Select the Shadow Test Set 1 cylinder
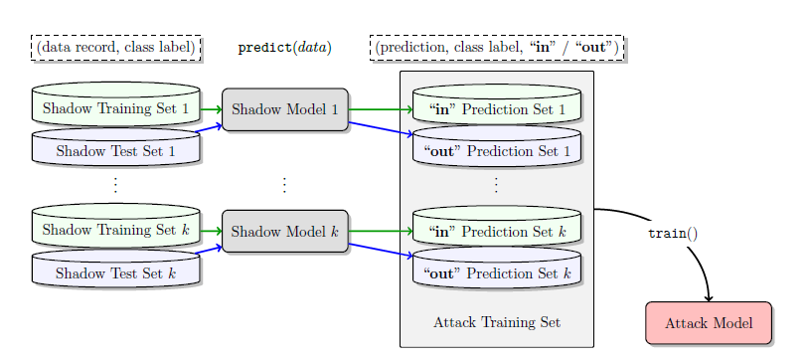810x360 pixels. [115, 151]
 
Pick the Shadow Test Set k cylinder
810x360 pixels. [115, 272]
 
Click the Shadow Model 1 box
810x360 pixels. [285, 109]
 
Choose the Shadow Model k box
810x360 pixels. [285, 232]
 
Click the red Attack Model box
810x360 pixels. [708, 323]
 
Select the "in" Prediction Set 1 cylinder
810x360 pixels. [496, 108]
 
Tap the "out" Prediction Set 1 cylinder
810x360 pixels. [496, 151]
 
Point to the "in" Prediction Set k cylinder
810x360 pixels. [496, 232]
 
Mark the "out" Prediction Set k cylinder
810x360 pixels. [496, 272]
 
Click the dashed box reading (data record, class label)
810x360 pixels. [116, 47]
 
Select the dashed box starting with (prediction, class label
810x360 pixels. [497, 47]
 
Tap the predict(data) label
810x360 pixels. [284, 47]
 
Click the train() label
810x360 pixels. [673, 234]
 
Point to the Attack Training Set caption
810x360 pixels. [496, 323]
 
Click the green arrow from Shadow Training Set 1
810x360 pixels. [211, 109]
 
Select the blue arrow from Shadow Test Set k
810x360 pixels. [210, 251]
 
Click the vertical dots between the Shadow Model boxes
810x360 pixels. [284, 185]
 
